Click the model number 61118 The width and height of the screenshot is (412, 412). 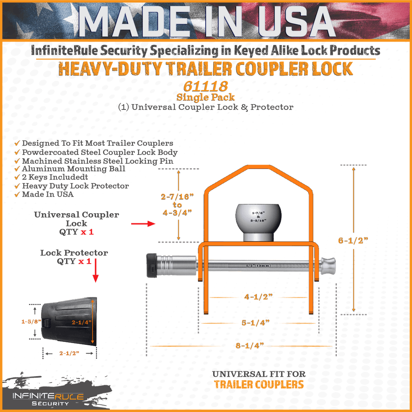(x=206, y=86)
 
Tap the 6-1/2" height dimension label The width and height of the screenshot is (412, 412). (x=353, y=241)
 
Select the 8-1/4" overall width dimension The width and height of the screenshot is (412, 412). (x=249, y=346)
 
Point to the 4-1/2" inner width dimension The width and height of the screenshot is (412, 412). (x=258, y=297)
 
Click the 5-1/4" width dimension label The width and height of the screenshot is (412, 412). (x=255, y=323)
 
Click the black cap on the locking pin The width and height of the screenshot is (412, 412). (x=152, y=266)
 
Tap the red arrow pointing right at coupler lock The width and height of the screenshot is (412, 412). (x=143, y=224)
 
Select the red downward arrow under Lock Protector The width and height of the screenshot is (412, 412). (x=96, y=270)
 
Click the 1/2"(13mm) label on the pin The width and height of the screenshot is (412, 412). (x=258, y=266)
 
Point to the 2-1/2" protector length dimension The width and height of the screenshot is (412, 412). (x=69, y=353)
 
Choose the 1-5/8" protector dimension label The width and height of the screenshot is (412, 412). (x=31, y=321)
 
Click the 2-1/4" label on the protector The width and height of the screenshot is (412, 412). (x=81, y=322)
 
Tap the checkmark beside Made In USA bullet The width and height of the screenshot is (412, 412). (x=17, y=195)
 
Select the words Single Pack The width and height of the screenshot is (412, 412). (x=206, y=97)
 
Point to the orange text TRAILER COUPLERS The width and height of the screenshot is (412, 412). (x=259, y=385)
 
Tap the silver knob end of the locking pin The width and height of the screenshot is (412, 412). (x=328, y=266)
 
